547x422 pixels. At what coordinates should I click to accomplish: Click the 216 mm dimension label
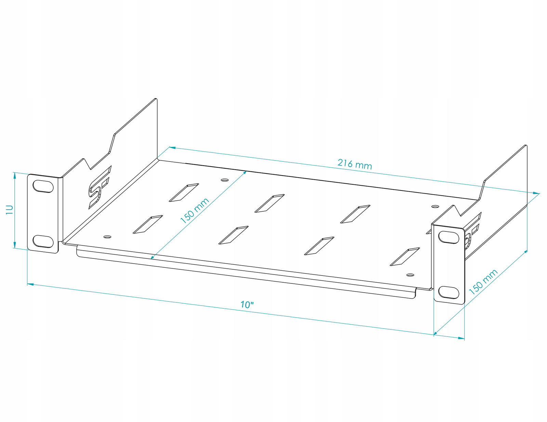[x=355, y=164]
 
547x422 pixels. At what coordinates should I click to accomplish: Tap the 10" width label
[x=247, y=305]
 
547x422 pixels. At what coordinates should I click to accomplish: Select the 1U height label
[x=10, y=209]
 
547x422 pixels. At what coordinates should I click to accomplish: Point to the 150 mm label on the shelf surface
[x=194, y=211]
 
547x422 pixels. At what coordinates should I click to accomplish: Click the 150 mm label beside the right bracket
[x=483, y=282]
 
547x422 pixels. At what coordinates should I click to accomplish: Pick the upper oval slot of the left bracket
[x=43, y=186]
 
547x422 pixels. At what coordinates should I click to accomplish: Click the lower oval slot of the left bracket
[x=43, y=241]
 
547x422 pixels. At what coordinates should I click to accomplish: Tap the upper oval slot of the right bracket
[x=449, y=237]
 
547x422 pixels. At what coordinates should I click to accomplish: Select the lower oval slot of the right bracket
[x=449, y=292]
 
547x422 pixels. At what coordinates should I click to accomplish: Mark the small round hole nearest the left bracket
[x=107, y=237]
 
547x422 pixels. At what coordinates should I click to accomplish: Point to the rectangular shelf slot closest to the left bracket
[x=148, y=224]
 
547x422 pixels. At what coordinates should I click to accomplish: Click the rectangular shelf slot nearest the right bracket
[x=405, y=257]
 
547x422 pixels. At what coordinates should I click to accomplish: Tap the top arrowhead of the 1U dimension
[x=15, y=176]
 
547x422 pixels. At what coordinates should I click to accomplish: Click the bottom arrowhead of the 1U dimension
[x=15, y=244]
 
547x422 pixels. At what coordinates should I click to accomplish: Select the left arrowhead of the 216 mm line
[x=172, y=148]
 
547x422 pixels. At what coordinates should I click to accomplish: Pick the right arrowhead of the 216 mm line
[x=536, y=193]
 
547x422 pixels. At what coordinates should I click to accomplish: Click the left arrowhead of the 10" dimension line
[x=30, y=284]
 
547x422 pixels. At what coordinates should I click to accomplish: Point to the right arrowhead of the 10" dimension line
[x=461, y=338]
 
